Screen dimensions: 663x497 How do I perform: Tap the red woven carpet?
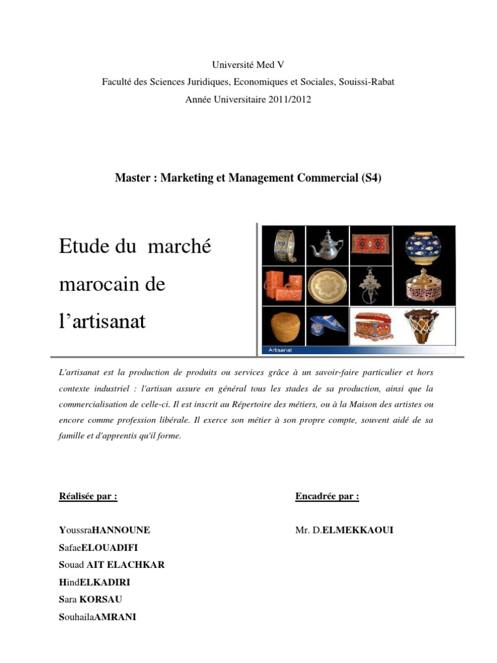(x=370, y=245)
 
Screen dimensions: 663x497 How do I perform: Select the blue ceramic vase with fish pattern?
(x=424, y=245)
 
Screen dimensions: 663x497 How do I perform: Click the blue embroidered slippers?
(x=327, y=325)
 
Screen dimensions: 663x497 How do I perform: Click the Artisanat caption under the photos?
(x=279, y=350)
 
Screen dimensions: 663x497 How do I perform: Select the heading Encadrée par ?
(x=327, y=496)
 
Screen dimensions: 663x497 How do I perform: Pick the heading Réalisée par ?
(x=88, y=496)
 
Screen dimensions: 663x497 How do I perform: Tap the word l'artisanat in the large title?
(x=102, y=320)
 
